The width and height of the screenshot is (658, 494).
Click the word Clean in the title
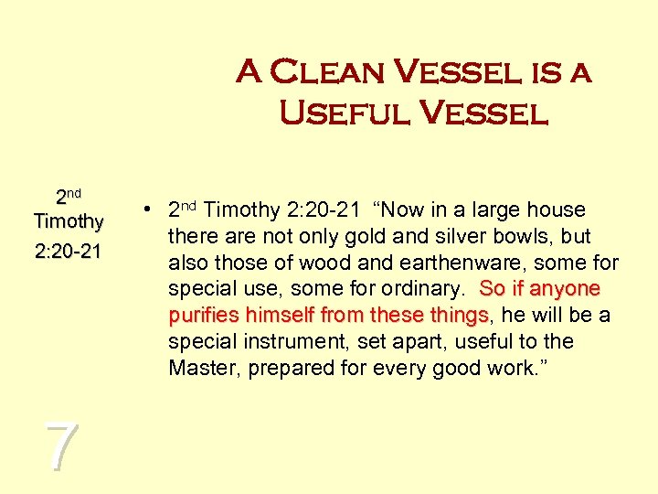331,71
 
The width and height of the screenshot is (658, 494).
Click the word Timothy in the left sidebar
68,221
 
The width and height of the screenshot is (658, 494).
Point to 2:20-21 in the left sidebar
68,251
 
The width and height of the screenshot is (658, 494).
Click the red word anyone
564,290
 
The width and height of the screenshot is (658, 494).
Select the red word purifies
198,317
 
